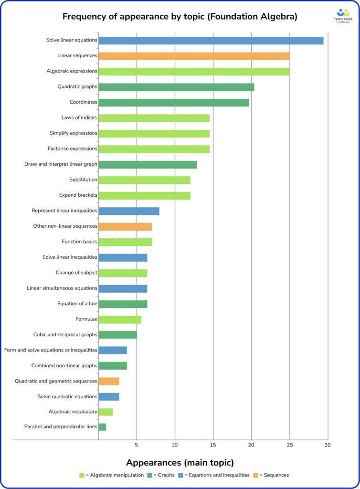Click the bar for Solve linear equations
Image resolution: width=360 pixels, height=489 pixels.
[211, 41]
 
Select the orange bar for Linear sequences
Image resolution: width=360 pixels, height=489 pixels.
[194, 56]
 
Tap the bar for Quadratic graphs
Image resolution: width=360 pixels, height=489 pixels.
[176, 87]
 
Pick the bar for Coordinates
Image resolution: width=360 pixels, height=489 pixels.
[173, 103]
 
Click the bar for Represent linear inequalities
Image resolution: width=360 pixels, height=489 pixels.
[128, 211]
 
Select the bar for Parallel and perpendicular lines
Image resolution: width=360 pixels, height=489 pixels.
[102, 427]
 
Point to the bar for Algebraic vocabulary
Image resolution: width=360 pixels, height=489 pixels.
[106, 412]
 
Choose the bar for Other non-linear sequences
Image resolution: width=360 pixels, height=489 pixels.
[125, 226]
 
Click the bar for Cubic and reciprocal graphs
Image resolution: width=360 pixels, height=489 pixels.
[117, 335]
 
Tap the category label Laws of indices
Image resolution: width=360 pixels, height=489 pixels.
[79, 118]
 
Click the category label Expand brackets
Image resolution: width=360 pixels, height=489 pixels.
[78, 195]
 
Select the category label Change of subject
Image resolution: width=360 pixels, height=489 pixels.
[76, 273]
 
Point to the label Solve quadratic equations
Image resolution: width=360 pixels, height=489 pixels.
[67, 397]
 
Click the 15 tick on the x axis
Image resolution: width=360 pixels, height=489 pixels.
[213, 445]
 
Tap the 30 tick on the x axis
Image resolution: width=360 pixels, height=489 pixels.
[328, 445]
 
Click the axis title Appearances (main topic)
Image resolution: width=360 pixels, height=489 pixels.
[180, 462]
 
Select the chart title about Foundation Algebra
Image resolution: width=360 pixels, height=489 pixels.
[180, 17]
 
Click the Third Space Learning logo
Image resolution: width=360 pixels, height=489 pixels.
[343, 16]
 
